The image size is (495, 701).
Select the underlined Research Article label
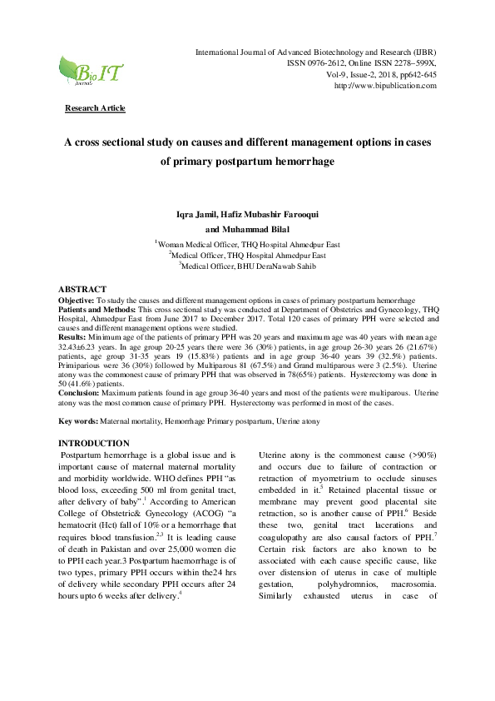point(95,108)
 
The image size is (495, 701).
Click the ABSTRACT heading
point(82,288)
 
